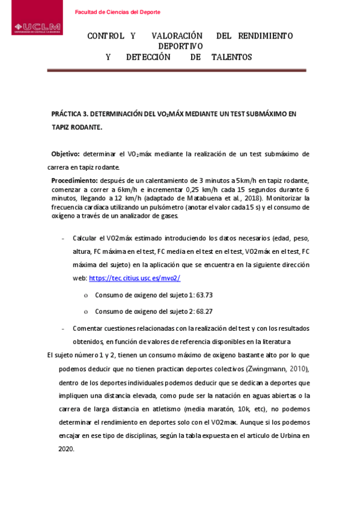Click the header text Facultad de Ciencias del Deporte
pyautogui.click(x=117, y=12)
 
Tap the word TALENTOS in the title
pyautogui.click(x=231, y=57)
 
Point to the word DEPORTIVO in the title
pyautogui.click(x=180, y=46)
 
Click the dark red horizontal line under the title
pyautogui.click(x=176, y=71)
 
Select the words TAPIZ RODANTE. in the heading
pyautogui.click(x=77, y=127)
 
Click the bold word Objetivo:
pyautogui.click(x=66, y=154)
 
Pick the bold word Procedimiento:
pyautogui.click(x=75, y=180)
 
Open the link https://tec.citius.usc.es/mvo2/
pyautogui.click(x=135, y=278)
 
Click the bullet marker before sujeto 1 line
pyautogui.click(x=86, y=295)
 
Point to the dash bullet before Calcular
pyautogui.click(x=63, y=238)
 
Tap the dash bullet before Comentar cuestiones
pyautogui.click(x=63, y=328)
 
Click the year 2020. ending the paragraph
pyautogui.click(x=66, y=449)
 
